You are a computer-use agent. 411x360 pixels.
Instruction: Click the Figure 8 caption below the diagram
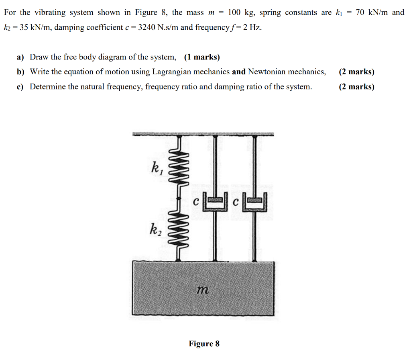pyautogui.click(x=204, y=344)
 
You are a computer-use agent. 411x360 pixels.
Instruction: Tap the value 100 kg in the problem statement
pyautogui.click(x=241, y=12)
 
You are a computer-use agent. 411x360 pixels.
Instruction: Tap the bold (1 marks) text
pyautogui.click(x=202, y=57)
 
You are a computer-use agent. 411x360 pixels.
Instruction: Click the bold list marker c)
pyautogui.click(x=20, y=87)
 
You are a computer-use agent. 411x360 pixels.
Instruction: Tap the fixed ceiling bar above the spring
pyautogui.click(x=203, y=134)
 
